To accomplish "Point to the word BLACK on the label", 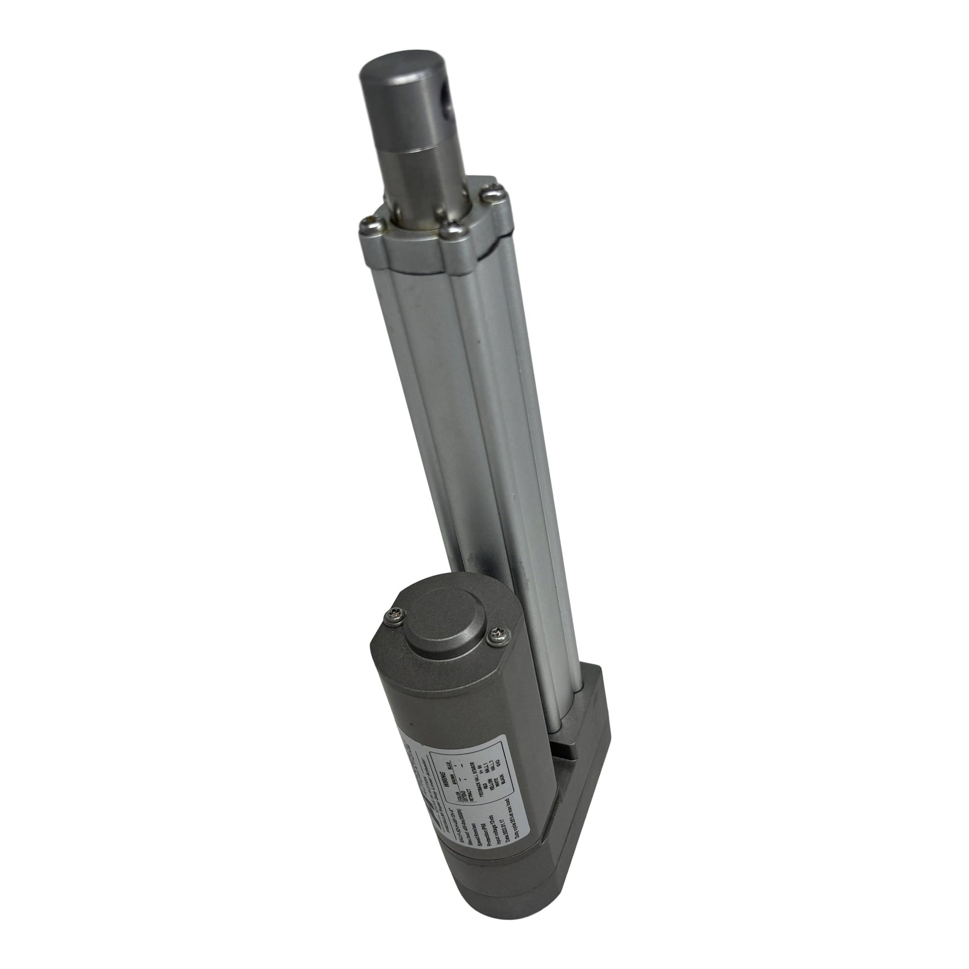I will pyautogui.click(x=503, y=779).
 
